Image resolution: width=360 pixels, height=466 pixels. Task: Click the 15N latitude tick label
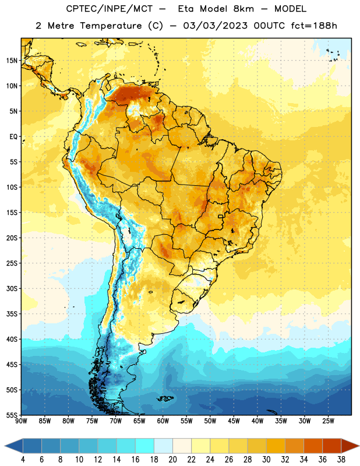point(11,61)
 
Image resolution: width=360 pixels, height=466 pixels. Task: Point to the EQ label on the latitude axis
point(13,137)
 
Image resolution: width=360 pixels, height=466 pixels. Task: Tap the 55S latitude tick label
point(12,415)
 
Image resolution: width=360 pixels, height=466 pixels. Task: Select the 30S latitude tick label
point(12,288)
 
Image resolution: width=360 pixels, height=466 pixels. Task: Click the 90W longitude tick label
point(21,421)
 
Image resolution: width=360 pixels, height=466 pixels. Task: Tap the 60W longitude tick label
point(163,421)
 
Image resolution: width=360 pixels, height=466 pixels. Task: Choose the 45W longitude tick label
point(234,421)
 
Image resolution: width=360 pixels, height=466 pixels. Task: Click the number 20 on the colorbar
point(172,460)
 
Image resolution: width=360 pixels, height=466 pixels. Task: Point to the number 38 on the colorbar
point(341,460)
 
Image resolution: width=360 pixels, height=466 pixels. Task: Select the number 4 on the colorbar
point(23,460)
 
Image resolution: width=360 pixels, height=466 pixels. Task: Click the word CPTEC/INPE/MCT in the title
point(110,9)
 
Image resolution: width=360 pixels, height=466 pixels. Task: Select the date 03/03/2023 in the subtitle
point(216,26)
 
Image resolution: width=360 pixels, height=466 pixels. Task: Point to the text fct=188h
point(314,26)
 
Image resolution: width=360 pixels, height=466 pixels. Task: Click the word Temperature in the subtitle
point(111,26)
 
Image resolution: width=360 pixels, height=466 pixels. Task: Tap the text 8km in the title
point(243,9)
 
